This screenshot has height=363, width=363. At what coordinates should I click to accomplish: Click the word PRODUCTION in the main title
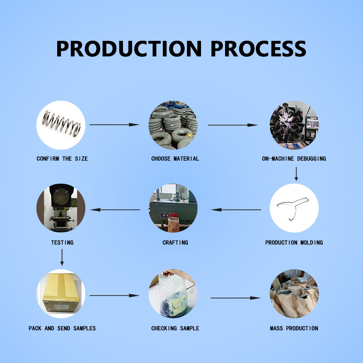tap(129, 49)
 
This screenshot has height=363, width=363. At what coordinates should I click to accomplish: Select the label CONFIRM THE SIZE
tap(62, 159)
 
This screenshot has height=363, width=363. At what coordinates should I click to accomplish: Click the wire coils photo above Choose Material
tap(173, 124)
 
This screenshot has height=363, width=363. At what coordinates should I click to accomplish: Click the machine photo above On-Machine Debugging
tap(294, 124)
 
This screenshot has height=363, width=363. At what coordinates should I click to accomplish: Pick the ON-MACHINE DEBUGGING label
tap(294, 159)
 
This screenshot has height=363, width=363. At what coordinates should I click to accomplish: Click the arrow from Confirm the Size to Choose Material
tap(114, 124)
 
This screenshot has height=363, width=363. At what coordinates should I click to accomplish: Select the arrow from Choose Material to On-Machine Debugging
tap(233, 125)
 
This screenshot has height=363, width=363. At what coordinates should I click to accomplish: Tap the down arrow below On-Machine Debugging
tap(296, 174)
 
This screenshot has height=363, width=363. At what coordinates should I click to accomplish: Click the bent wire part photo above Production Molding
tap(294, 208)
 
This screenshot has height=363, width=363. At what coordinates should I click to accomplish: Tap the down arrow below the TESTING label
tap(62, 258)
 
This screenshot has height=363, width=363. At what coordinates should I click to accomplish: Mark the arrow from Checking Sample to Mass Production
tap(235, 298)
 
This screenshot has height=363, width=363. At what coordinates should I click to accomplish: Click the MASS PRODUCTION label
tap(294, 329)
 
